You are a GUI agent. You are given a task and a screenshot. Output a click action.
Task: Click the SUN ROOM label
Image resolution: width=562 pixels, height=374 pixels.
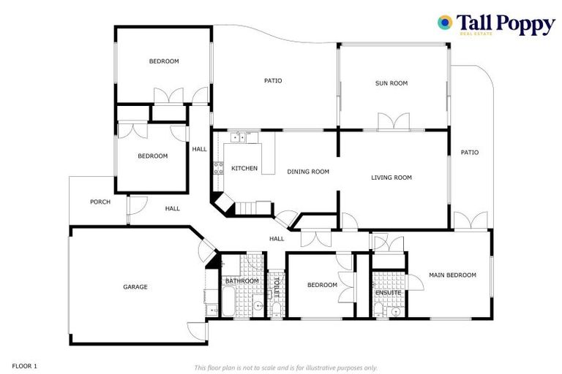[x=391, y=83]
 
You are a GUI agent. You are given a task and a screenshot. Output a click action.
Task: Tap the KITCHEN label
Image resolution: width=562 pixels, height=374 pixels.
[x=244, y=169]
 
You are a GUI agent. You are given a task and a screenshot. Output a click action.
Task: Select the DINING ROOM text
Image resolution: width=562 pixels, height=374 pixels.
[x=307, y=172]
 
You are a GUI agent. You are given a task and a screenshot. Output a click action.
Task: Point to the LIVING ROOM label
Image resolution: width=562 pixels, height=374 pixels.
[x=391, y=178]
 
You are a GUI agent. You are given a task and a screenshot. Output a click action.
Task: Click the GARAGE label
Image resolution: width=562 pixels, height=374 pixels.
[x=135, y=287]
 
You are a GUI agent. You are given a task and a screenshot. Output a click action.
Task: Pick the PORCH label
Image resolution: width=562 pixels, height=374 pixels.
[x=100, y=202]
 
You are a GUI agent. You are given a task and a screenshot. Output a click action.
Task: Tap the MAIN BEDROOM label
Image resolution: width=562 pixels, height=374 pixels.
[x=452, y=275]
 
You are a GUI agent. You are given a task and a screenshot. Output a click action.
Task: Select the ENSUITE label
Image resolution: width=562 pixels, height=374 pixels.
[x=388, y=293]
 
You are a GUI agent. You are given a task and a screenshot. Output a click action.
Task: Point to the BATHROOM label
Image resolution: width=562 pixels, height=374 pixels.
[x=241, y=281]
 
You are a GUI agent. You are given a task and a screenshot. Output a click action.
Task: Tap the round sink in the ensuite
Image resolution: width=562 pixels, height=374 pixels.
[x=396, y=311]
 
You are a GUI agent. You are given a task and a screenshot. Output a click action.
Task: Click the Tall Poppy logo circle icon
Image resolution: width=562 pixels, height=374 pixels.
[x=444, y=23]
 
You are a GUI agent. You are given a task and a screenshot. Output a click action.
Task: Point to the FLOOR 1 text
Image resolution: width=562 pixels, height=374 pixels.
[x=25, y=365]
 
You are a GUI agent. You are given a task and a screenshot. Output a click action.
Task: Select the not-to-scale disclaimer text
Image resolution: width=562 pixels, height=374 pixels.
[x=285, y=367]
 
